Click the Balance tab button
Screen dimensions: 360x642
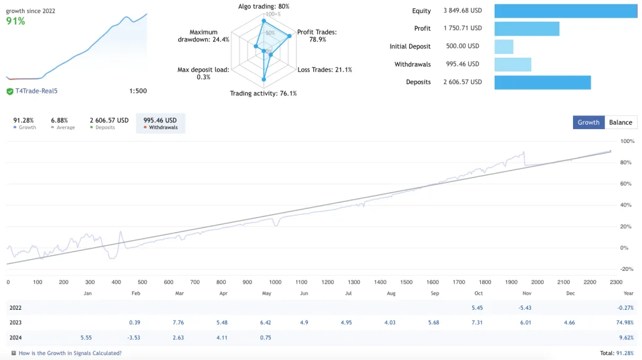(621, 122)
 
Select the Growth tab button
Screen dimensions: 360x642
(588, 122)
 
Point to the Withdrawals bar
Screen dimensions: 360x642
(513, 64)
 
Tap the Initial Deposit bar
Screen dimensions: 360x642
(504, 46)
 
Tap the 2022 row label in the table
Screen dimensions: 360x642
(16, 308)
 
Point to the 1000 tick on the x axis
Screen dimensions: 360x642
(275, 282)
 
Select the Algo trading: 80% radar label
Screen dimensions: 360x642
(263, 6)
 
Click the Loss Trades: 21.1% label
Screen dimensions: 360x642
(325, 70)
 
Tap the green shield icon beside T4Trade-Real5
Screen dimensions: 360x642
(10, 91)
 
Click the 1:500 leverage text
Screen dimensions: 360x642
(138, 91)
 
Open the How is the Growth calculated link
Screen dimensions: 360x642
(70, 353)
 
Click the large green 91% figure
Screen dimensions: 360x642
(16, 21)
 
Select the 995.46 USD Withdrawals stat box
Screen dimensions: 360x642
(160, 124)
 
